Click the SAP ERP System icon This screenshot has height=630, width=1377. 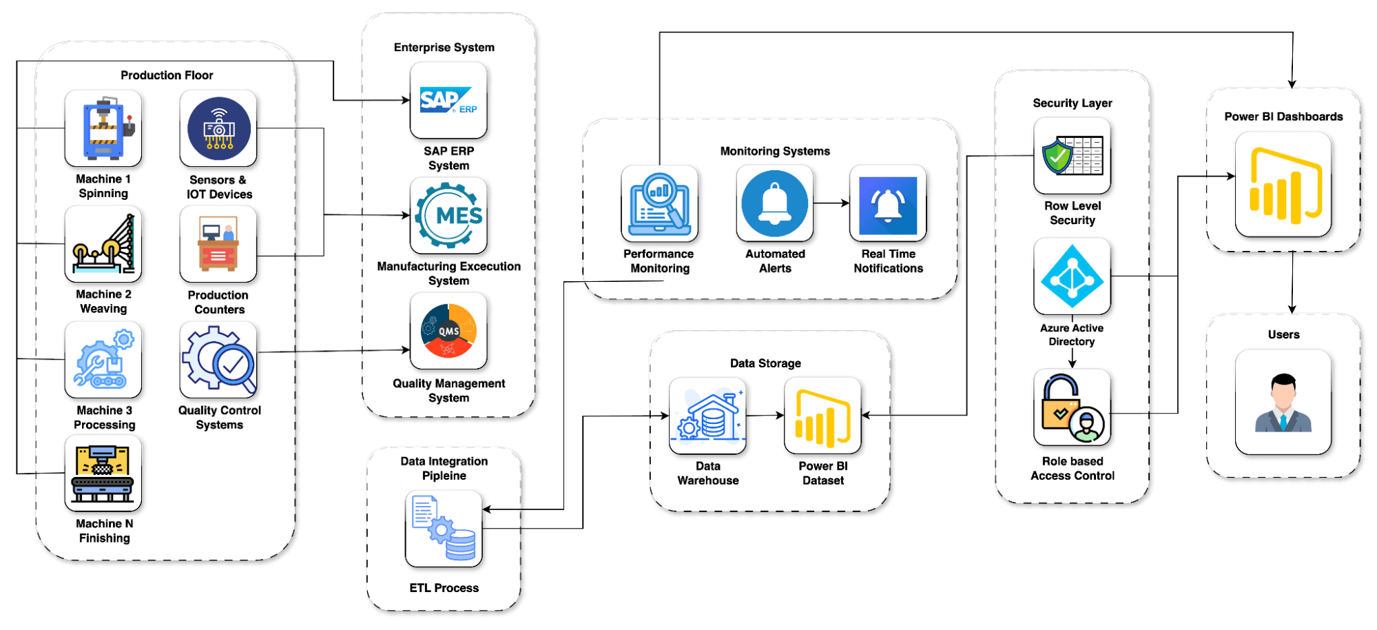point(448,101)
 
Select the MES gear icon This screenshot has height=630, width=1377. point(448,216)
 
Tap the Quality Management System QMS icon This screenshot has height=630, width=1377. point(448,331)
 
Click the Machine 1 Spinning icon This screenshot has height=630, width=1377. point(103,129)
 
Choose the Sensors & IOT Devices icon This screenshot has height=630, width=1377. point(218,129)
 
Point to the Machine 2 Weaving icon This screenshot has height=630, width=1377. point(103,244)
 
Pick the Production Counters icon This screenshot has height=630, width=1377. point(218,244)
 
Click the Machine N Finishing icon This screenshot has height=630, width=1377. point(103,474)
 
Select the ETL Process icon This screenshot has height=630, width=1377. point(444,529)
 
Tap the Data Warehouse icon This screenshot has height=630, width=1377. point(707,416)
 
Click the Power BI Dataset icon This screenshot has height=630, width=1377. point(822,416)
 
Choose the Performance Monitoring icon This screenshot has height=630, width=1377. point(659,203)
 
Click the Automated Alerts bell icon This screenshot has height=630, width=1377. point(775,203)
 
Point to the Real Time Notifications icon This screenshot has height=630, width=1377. point(888,203)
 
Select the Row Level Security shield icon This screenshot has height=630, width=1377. point(1072,156)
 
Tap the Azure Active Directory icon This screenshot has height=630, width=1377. point(1072,276)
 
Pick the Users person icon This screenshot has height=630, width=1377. point(1283,403)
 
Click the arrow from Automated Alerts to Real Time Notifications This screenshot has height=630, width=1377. point(831,203)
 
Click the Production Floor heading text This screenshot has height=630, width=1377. point(167,75)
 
